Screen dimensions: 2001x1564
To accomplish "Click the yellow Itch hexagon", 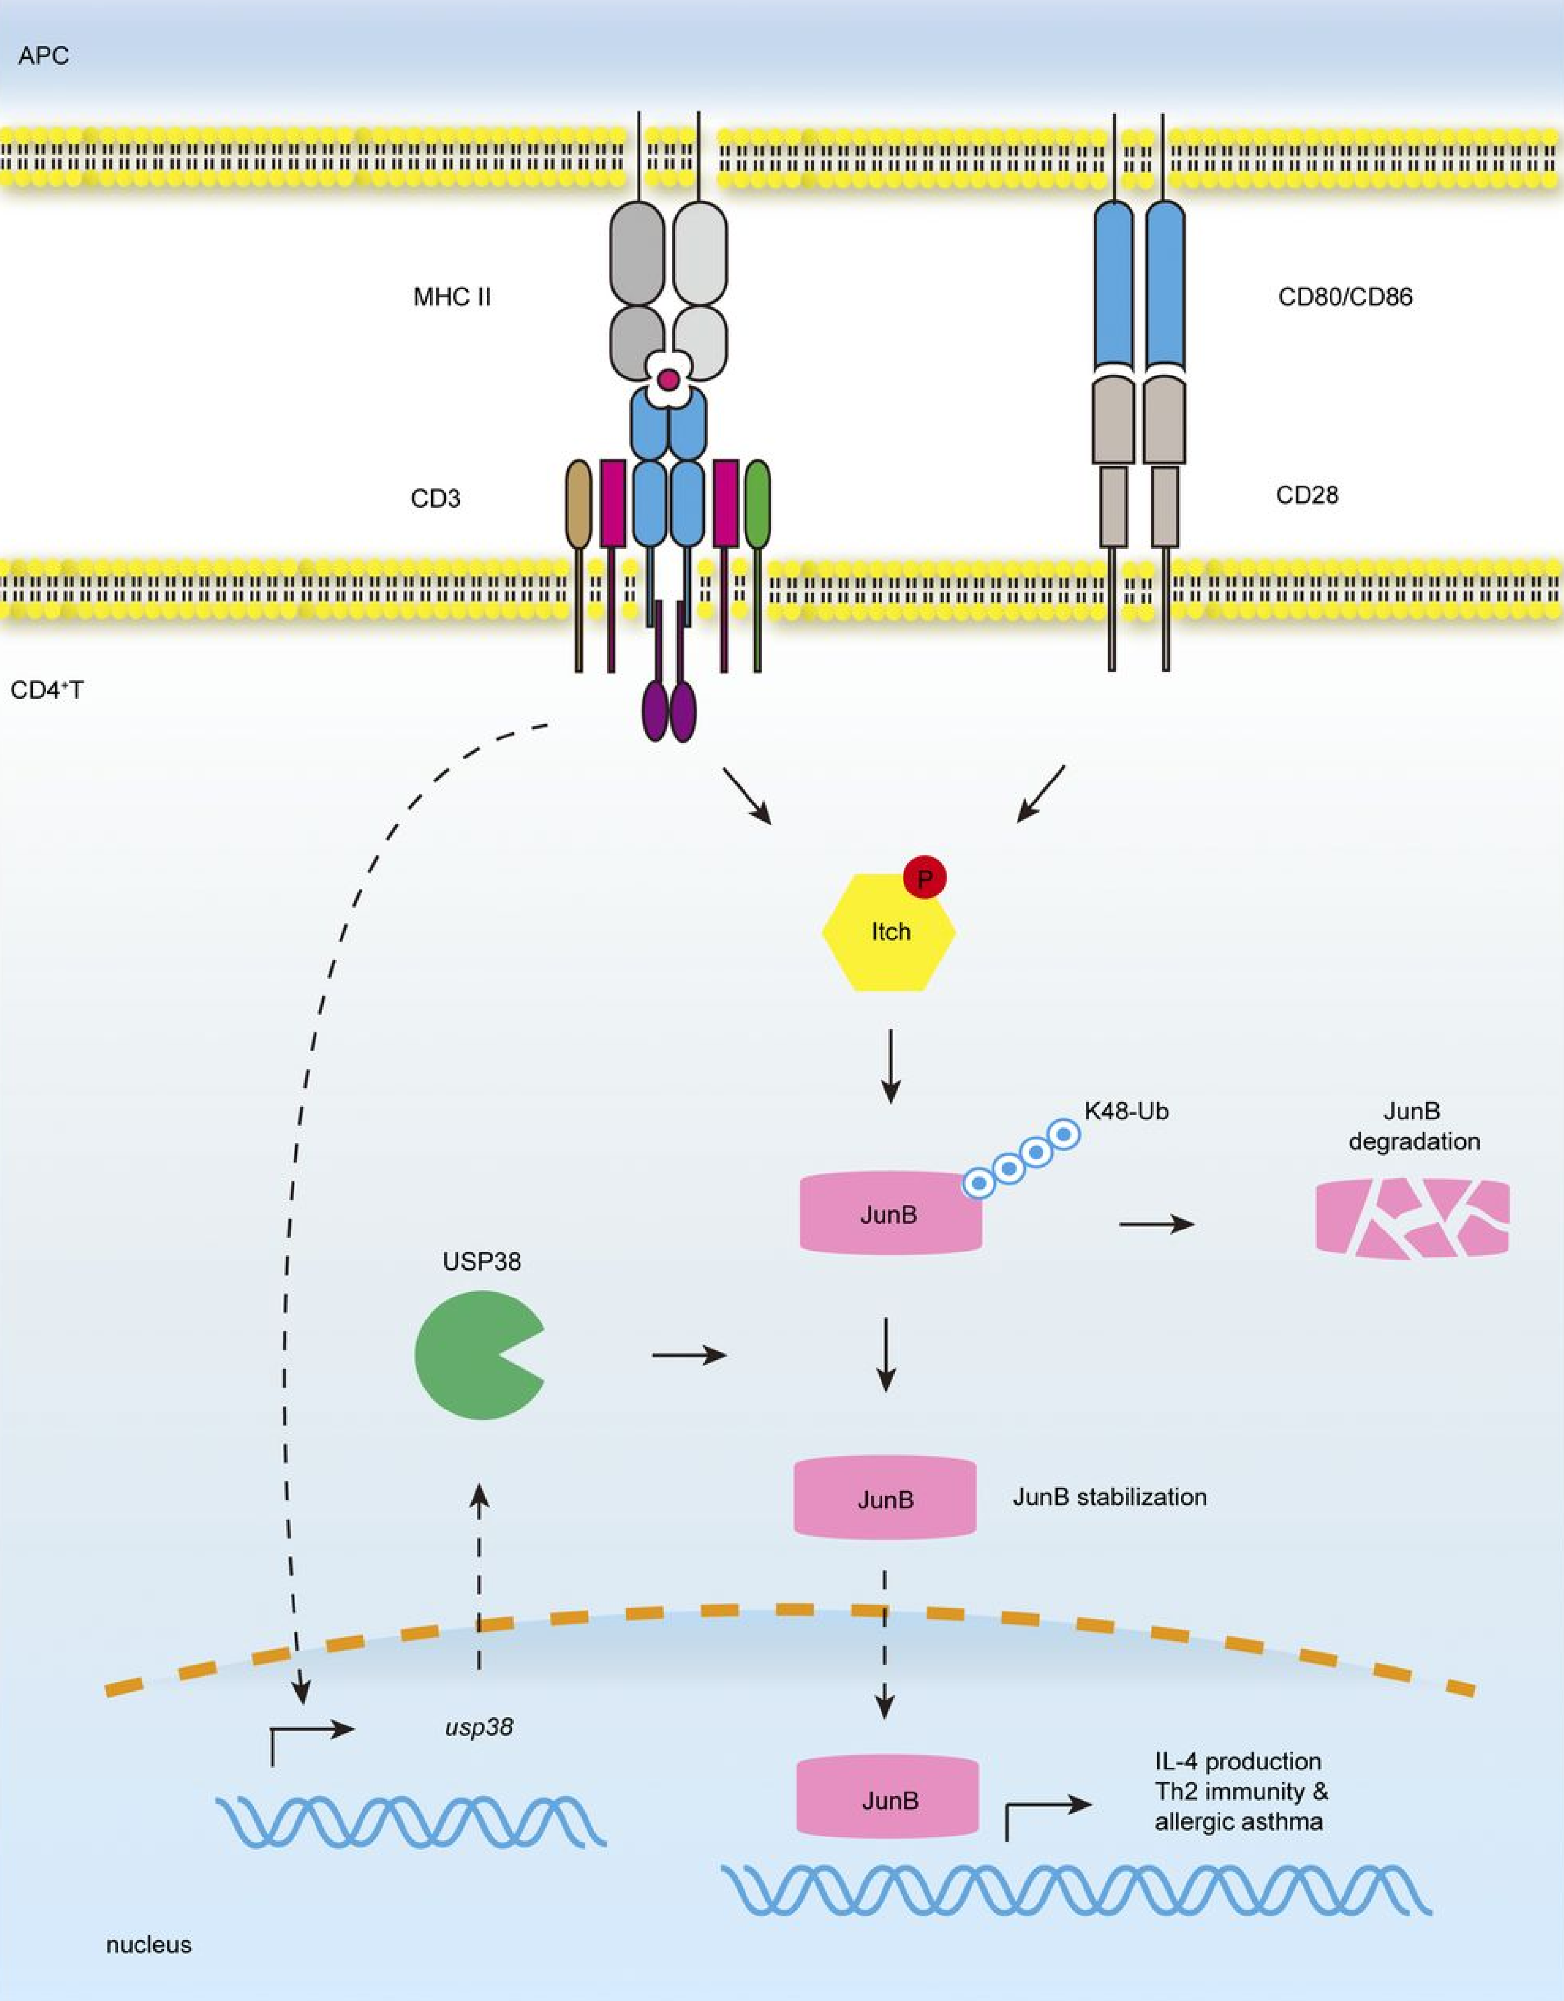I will click(889, 933).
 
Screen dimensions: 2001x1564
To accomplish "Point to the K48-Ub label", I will click(1126, 1111).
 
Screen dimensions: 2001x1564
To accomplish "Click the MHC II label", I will click(452, 297).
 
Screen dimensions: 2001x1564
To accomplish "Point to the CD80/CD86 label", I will click(1345, 297).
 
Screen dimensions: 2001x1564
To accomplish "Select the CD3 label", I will click(435, 499).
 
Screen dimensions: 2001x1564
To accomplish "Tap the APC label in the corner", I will click(43, 56).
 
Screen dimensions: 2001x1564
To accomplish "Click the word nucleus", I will click(148, 1944).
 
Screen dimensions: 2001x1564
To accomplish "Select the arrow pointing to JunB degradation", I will click(1157, 1223).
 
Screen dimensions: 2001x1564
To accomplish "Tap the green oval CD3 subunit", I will click(758, 504).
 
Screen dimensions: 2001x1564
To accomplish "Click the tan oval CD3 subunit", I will click(579, 504).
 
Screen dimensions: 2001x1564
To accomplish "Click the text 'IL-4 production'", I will click(1238, 1761).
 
